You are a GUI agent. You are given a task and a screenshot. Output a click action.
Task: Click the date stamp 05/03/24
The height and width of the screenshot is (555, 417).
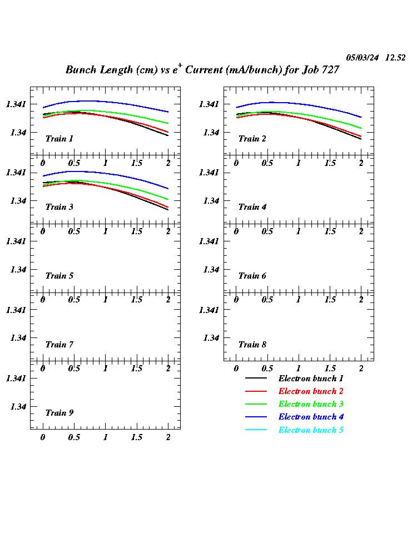pos(363,58)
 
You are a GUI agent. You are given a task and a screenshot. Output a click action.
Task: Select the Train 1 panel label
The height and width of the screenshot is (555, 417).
pos(59,139)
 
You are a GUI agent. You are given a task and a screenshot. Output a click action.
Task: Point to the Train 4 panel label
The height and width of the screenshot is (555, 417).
pos(252,207)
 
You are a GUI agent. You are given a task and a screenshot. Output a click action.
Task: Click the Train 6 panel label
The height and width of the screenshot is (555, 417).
pos(252,276)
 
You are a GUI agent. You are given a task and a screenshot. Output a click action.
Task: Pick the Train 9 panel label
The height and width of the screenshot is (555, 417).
pos(59,413)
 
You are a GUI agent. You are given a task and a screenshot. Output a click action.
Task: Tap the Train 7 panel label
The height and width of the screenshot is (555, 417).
pos(59,345)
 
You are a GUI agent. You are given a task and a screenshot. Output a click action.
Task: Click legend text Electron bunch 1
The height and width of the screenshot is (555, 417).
pos(311,379)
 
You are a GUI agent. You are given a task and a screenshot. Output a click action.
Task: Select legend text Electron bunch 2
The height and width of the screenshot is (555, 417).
pos(311,391)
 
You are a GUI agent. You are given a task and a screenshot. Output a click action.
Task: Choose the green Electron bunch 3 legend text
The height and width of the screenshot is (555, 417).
pos(311,404)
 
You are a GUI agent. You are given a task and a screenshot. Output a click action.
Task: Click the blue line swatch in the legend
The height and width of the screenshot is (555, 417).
pos(256,417)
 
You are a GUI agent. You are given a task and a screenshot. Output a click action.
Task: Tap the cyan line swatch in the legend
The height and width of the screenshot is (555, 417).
pos(256,430)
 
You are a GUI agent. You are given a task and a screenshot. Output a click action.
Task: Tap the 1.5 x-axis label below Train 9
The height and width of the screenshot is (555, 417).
pos(137,437)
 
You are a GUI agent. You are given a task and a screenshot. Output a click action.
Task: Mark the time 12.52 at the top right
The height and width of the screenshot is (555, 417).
pos(395,58)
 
